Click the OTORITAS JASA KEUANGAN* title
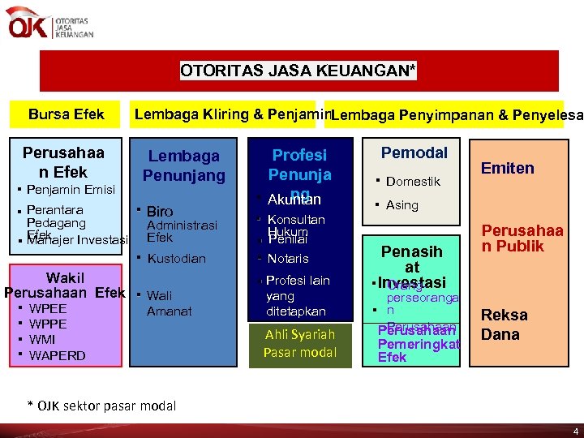pos(298,71)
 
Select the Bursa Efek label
pos(66,114)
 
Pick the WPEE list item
pos(48,309)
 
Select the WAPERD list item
pos(57,355)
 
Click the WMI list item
pos(42,340)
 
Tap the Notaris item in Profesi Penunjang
pos(287,259)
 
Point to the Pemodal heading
pos(414,153)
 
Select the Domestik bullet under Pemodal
pos(413,181)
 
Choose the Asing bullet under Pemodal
pos(401,205)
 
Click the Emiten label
pos(508,169)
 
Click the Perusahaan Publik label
pos(522,238)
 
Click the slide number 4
pos(575,431)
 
